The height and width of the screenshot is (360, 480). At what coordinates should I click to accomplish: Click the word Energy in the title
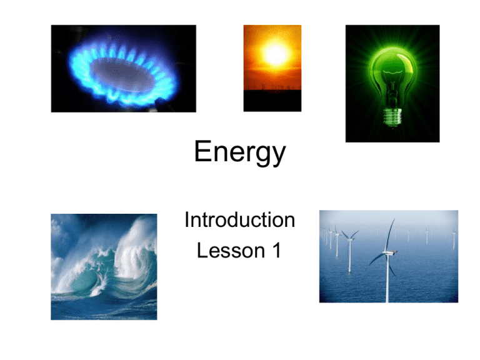click(240, 152)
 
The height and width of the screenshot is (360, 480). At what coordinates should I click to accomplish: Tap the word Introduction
click(240, 220)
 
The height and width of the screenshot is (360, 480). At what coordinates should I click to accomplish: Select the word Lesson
click(231, 251)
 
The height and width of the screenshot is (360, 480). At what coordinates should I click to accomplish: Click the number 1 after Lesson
click(277, 250)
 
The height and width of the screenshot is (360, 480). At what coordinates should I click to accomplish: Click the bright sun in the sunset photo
click(276, 54)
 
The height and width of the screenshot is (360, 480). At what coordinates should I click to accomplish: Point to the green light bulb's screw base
click(392, 117)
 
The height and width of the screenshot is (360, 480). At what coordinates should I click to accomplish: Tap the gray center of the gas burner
click(122, 74)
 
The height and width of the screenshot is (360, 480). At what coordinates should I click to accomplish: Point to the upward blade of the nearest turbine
click(390, 235)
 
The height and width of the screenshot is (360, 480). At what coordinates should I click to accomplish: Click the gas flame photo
click(123, 69)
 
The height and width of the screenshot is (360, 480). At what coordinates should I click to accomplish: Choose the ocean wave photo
click(104, 267)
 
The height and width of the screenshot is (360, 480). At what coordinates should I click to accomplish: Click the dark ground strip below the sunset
click(272, 101)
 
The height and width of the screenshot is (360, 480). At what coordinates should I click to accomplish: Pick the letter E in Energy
click(202, 151)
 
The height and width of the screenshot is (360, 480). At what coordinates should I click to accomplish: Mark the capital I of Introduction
click(187, 219)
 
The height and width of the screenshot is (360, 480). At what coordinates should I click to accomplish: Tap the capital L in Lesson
click(202, 250)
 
